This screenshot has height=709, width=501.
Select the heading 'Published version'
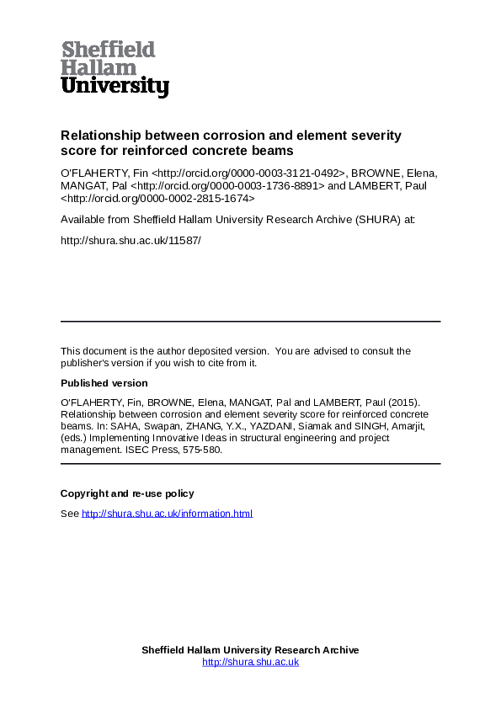[104, 383]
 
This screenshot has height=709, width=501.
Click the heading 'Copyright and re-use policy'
[127, 493]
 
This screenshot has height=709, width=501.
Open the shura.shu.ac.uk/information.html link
[167, 514]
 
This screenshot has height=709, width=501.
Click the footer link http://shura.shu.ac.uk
[250, 663]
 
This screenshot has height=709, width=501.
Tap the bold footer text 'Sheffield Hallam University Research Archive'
[250, 650]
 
